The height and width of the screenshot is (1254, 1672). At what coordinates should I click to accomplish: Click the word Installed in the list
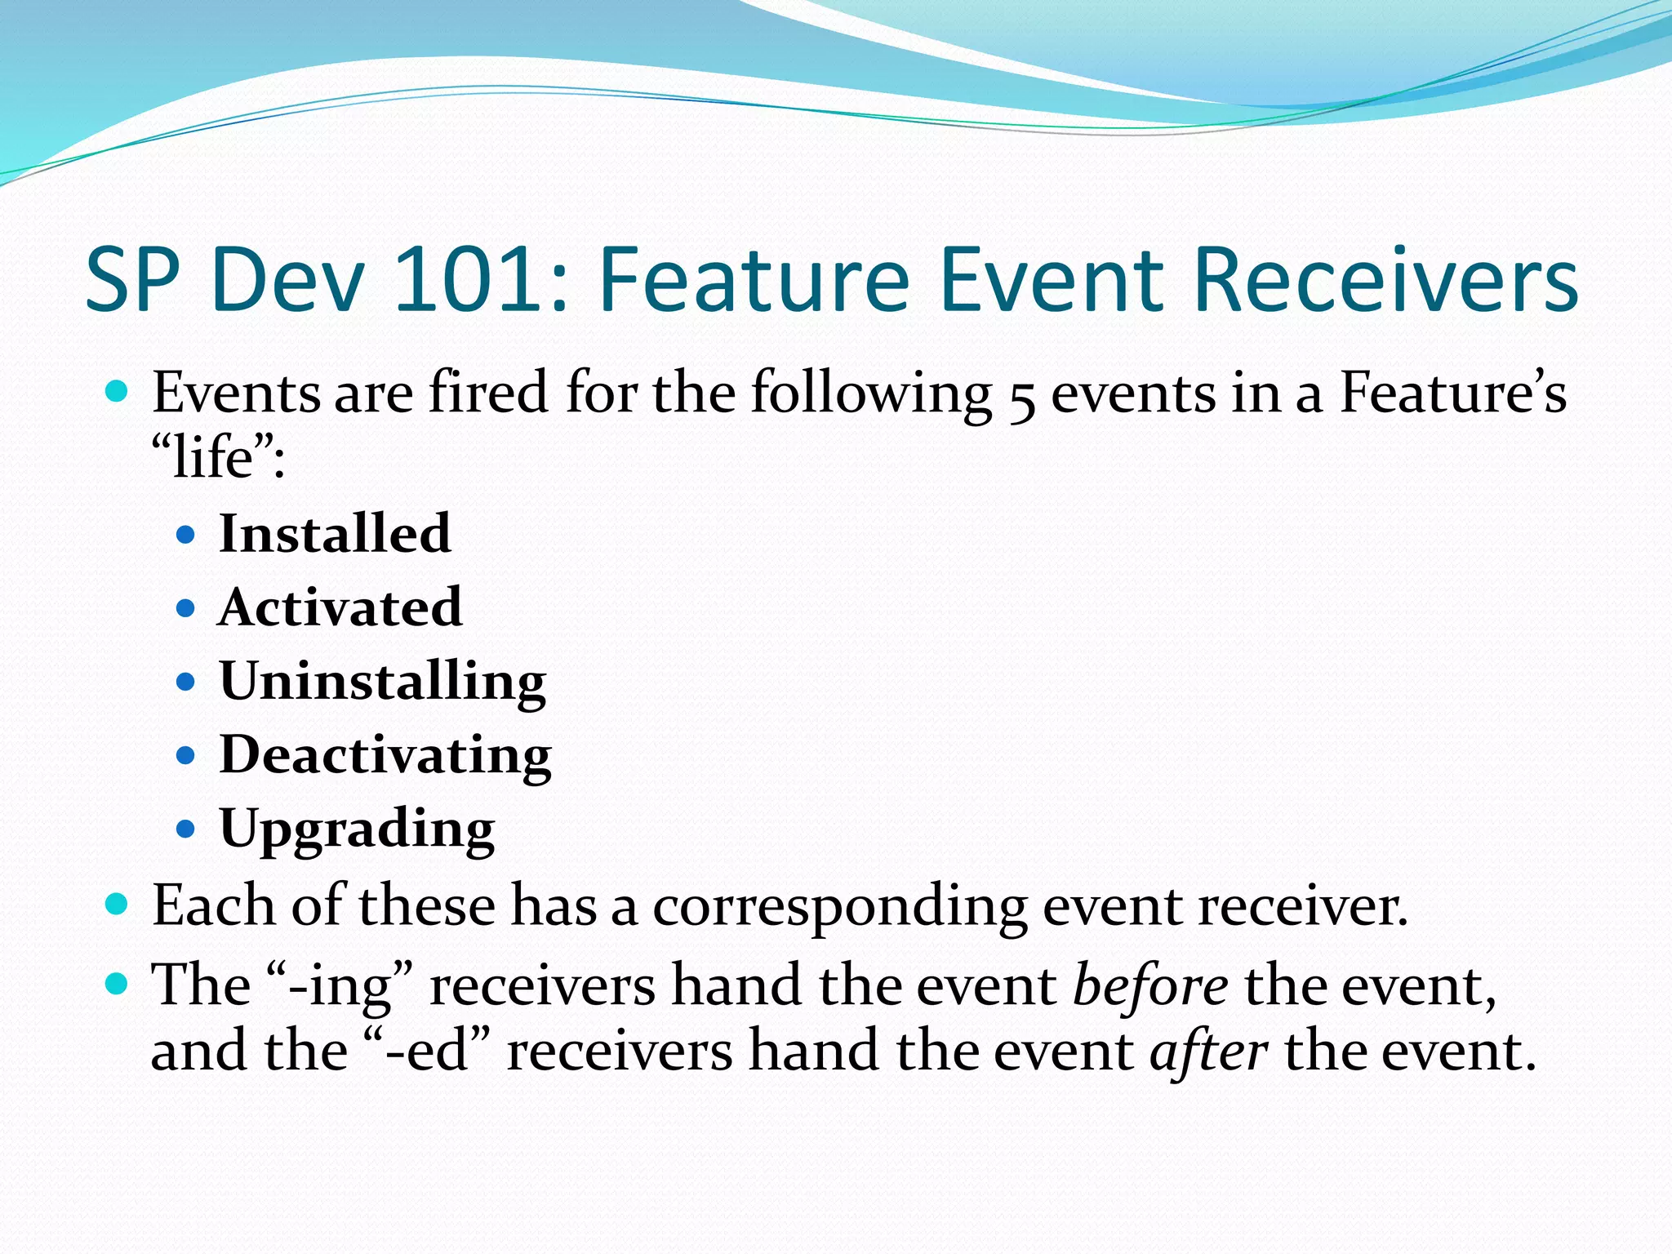(335, 534)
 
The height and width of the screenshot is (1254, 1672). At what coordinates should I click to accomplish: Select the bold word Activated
(340, 607)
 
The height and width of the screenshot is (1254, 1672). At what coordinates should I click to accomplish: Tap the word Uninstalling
(382, 681)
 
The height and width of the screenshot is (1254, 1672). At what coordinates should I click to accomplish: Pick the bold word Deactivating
(385, 754)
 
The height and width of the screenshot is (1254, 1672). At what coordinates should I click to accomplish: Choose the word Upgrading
(357, 829)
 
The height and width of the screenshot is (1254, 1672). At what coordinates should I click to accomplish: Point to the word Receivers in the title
(1385, 280)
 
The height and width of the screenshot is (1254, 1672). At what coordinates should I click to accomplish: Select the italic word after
(1208, 1052)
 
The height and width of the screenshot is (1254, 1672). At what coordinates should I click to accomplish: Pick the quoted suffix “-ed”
(427, 1052)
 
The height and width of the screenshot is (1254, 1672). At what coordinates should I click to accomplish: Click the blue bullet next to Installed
(186, 536)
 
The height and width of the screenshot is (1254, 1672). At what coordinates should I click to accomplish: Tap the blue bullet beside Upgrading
(186, 829)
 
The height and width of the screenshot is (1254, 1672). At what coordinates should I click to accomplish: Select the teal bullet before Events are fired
(118, 393)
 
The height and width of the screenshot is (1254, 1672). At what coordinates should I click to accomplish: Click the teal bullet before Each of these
(118, 905)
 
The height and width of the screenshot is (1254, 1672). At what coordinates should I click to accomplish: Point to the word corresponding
(840, 908)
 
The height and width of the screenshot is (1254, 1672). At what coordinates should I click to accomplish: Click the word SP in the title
(132, 280)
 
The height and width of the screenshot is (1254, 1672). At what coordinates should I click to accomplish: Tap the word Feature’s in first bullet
(1453, 393)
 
